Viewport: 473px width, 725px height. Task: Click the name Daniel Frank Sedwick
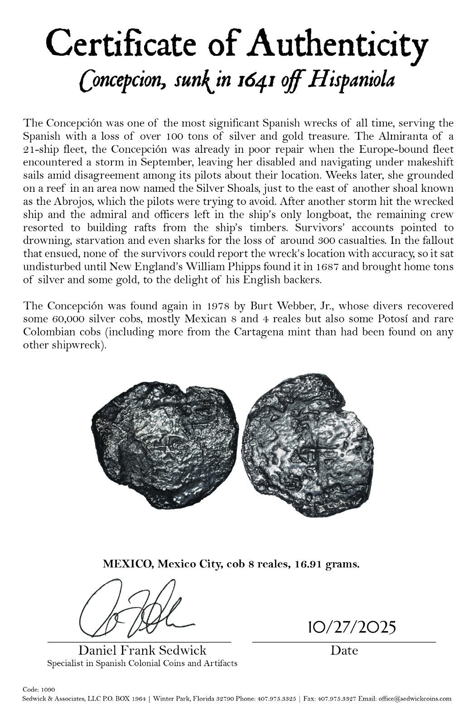pyautogui.click(x=142, y=651)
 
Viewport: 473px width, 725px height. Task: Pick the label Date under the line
pyautogui.click(x=344, y=651)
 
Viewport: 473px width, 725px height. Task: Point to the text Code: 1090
pyautogui.click(x=39, y=689)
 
